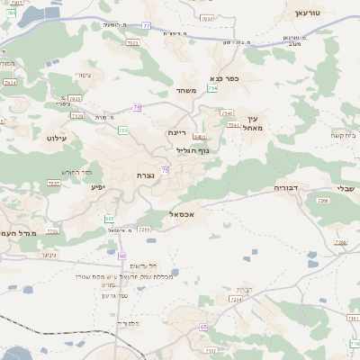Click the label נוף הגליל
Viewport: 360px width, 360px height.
tap(192, 150)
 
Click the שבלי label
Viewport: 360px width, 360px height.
tap(346, 187)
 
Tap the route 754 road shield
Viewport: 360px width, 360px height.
tap(212, 88)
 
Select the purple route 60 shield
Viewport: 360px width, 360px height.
tap(121, 255)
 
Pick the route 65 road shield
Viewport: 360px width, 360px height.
tap(203, 327)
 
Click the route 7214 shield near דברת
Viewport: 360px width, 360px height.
tap(236, 299)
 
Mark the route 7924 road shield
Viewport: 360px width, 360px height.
tap(10, 82)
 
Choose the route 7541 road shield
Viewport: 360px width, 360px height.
tap(233, 125)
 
